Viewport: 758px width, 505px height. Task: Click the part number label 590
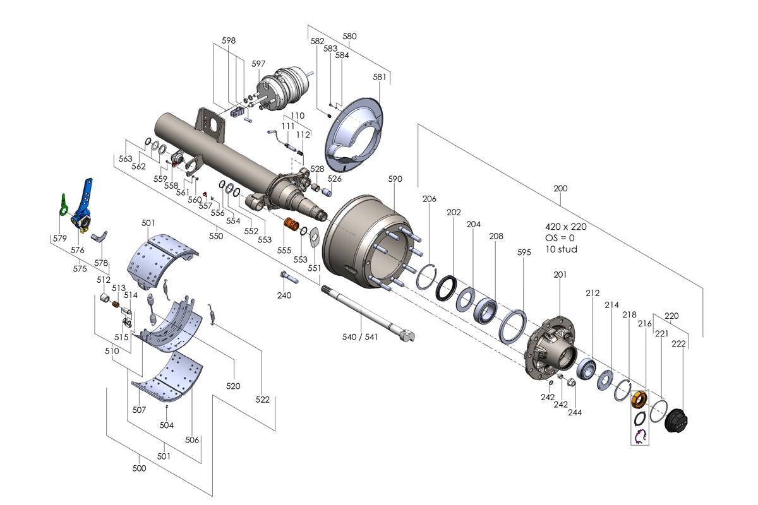(395, 179)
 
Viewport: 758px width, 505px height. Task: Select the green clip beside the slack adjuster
(64, 204)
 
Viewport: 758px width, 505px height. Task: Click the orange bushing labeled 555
(291, 224)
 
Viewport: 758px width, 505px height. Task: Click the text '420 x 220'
(565, 226)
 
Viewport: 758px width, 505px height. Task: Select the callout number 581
(379, 77)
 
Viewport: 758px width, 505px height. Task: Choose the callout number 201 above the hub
(560, 275)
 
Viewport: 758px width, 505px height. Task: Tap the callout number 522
(263, 400)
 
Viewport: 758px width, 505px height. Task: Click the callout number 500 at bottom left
(139, 468)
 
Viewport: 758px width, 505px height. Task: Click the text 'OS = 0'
(560, 237)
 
